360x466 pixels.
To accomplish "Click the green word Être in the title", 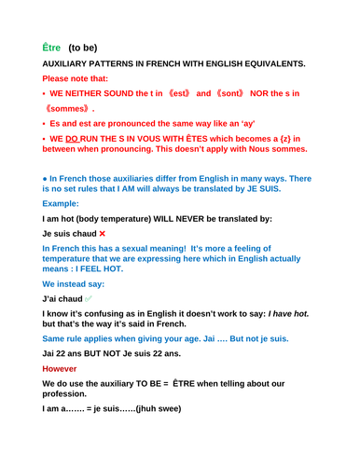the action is tap(52, 48).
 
